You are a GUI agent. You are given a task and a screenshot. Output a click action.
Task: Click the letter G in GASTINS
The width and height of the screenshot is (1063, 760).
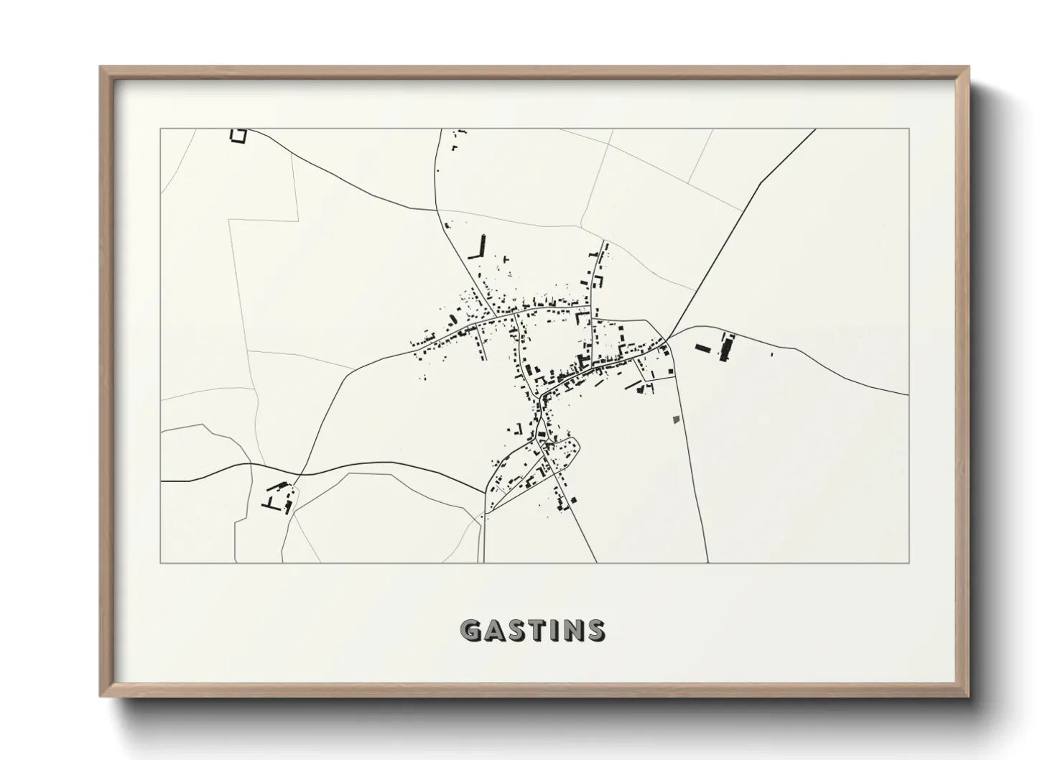[x=470, y=631]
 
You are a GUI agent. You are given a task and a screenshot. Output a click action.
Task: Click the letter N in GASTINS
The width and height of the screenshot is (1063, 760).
[x=575, y=631]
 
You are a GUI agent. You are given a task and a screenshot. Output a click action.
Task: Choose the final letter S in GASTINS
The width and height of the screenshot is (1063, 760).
[x=595, y=631]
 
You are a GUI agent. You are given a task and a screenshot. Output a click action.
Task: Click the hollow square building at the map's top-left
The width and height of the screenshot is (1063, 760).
[x=238, y=135]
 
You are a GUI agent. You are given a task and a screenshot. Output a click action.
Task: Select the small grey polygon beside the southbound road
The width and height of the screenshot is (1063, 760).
[x=674, y=419]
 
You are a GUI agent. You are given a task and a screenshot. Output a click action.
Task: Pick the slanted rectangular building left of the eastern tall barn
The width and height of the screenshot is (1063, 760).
[x=702, y=348]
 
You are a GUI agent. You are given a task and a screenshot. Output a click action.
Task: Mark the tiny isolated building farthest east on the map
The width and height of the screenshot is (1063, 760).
[x=771, y=354]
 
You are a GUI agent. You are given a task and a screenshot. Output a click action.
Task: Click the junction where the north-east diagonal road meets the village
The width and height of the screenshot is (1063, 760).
[x=666, y=340]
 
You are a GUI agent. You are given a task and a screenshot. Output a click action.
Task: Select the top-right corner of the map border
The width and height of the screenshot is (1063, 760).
[x=909, y=129]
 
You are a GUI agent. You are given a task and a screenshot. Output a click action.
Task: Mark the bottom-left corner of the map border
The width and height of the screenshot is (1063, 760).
[x=160, y=562]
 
